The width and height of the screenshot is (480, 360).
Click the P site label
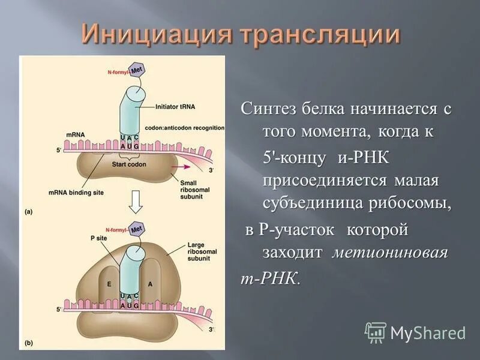pyautogui.click(x=91, y=238)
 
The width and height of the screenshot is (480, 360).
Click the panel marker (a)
pyautogui.click(x=29, y=211)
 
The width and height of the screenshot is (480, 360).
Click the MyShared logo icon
pyautogui.click(x=376, y=332)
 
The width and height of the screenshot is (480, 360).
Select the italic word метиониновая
pyautogui.click(x=390, y=253)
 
